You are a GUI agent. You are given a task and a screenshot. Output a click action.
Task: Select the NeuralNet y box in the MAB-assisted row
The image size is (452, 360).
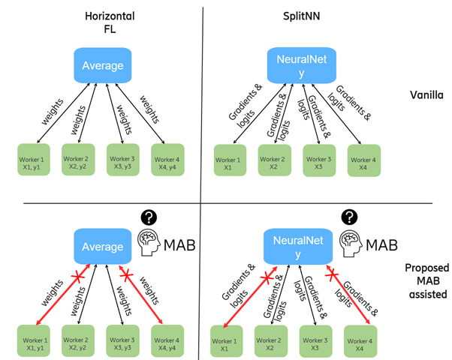coord(296,246)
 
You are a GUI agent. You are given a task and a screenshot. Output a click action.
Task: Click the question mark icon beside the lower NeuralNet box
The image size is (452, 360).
coord(347,217)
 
